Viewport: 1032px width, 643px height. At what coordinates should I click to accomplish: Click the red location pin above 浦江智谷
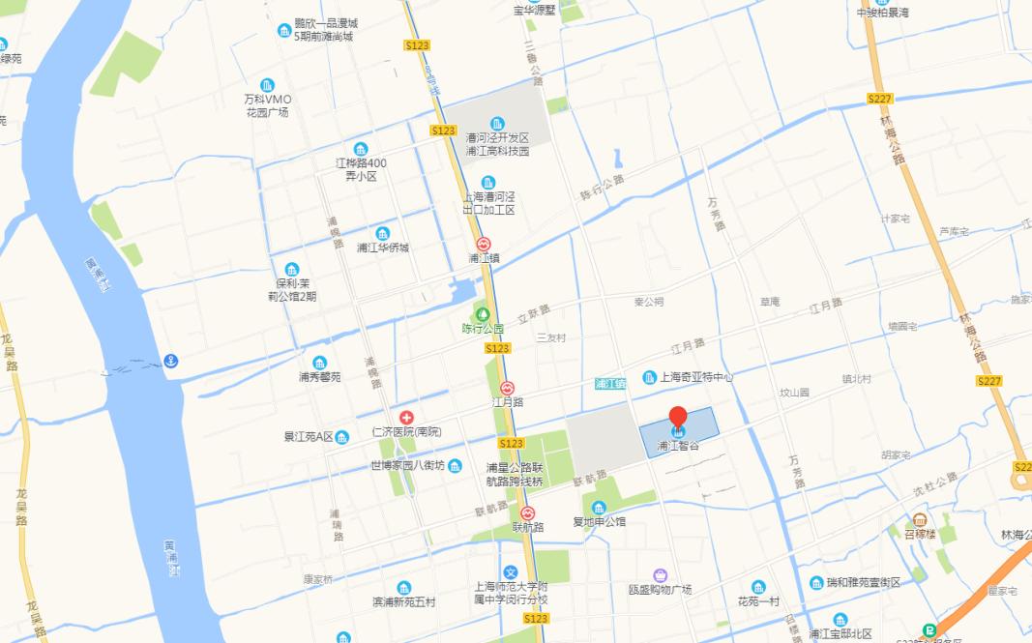pyautogui.click(x=678, y=418)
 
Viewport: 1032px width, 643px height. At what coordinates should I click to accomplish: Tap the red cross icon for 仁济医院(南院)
pyautogui.click(x=406, y=417)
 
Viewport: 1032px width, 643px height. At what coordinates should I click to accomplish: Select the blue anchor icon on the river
pyautogui.click(x=170, y=361)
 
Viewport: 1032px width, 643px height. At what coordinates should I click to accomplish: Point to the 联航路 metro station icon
pyautogui.click(x=528, y=513)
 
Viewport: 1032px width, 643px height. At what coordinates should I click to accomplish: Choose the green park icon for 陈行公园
pyautogui.click(x=482, y=313)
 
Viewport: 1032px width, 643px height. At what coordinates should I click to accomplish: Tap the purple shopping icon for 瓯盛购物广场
pyautogui.click(x=660, y=575)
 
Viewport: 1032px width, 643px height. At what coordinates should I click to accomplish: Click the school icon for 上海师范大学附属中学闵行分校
pyautogui.click(x=511, y=571)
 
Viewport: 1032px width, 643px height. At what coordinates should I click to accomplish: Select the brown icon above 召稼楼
pyautogui.click(x=919, y=520)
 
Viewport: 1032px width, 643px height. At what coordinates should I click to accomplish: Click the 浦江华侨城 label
pyautogui.click(x=383, y=248)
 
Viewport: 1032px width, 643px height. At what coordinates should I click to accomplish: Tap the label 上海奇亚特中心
pyautogui.click(x=696, y=377)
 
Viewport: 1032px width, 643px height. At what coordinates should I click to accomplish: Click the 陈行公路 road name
pyautogui.click(x=603, y=187)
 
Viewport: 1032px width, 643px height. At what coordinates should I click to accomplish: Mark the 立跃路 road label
pyautogui.click(x=533, y=313)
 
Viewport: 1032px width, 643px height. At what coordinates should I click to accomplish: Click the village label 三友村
pyautogui.click(x=550, y=337)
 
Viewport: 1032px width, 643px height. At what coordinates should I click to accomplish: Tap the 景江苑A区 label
pyautogui.click(x=309, y=437)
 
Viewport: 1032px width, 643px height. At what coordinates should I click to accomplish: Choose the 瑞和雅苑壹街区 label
pyautogui.click(x=863, y=583)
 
